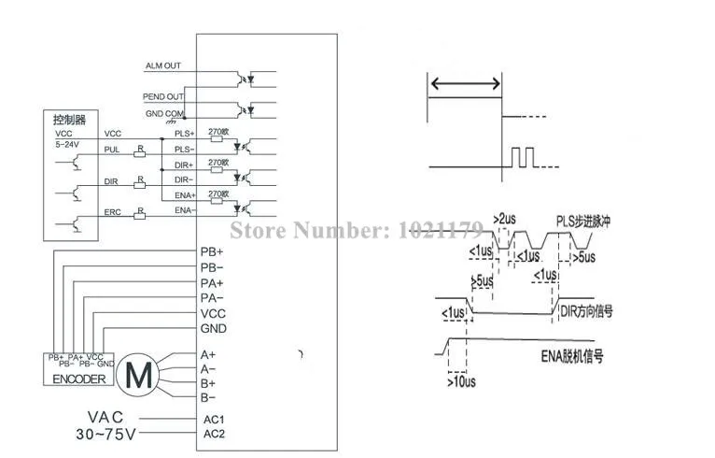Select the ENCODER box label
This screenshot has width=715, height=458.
(x=77, y=379)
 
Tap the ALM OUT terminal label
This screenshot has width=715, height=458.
(x=163, y=65)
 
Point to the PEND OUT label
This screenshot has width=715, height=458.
(x=163, y=96)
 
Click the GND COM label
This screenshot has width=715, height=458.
(x=163, y=114)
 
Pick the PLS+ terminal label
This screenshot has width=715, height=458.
(x=185, y=135)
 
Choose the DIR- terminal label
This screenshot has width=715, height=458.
(x=184, y=179)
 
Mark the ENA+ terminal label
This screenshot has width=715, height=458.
(x=185, y=194)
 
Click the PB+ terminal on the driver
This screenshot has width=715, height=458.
(x=212, y=252)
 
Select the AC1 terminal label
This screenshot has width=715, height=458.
(x=216, y=419)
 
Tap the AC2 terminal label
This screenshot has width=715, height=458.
(x=216, y=434)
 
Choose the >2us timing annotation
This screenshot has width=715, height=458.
(x=506, y=219)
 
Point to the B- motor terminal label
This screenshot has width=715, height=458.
(x=209, y=398)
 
